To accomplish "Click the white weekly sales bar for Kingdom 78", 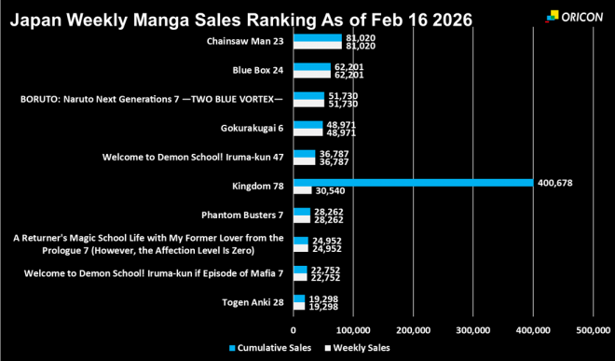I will [302, 191].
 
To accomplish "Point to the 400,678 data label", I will [556, 183].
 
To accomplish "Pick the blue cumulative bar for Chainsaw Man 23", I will [317, 38].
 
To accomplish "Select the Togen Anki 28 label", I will [253, 302].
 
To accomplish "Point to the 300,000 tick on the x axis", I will [472, 328].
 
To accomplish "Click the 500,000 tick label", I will [593, 328].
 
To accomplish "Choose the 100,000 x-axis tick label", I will [353, 328].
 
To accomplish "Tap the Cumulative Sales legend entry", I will [270, 348].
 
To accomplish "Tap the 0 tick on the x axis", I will [294, 328].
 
